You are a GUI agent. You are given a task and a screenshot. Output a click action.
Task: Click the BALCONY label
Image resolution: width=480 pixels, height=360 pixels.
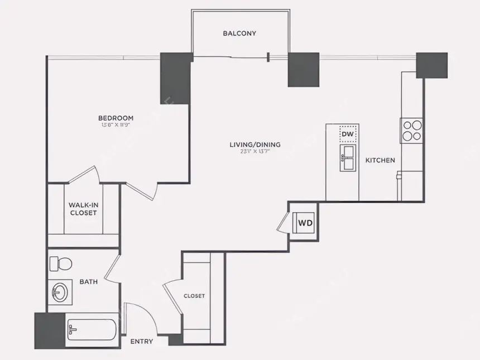pyautogui.click(x=239, y=33)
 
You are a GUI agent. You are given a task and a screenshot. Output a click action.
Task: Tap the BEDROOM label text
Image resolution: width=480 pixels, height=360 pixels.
pyautogui.click(x=116, y=118)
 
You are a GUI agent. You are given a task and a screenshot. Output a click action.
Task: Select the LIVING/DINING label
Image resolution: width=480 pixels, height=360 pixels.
pyautogui.click(x=255, y=145)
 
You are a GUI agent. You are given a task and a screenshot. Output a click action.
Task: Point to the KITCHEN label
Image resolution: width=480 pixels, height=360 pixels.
pyautogui.click(x=380, y=160)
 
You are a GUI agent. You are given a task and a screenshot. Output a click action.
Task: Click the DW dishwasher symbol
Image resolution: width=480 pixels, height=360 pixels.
pyautogui.click(x=347, y=134)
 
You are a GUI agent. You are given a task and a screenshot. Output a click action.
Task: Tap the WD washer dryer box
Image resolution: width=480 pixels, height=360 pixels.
pyautogui.click(x=305, y=223)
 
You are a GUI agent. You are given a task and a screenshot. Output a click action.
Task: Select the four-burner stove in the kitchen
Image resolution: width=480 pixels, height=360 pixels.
pyautogui.click(x=412, y=131)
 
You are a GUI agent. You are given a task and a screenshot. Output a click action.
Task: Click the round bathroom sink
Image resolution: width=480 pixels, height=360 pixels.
pyautogui.click(x=59, y=291)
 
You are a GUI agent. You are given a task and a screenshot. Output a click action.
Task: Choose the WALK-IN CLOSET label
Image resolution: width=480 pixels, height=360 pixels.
pyautogui.click(x=83, y=209)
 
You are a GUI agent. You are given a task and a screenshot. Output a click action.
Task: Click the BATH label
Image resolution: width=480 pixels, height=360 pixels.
pyautogui.click(x=89, y=282)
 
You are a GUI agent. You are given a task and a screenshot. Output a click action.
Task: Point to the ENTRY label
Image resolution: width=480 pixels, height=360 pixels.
pyautogui.click(x=141, y=342)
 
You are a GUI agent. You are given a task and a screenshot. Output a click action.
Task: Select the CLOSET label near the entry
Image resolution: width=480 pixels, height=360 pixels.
pyautogui.click(x=194, y=296)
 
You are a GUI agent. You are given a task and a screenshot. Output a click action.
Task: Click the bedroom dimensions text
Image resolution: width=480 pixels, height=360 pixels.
pyautogui.click(x=116, y=125)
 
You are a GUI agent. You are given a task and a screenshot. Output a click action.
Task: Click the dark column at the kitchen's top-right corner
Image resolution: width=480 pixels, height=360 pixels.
pyautogui.click(x=431, y=65)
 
